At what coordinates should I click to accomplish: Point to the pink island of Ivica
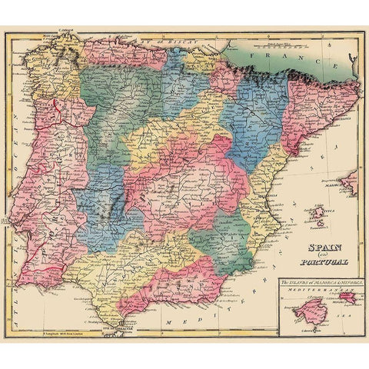click(x=316, y=211)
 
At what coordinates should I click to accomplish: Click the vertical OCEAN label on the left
click(x=17, y=142)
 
